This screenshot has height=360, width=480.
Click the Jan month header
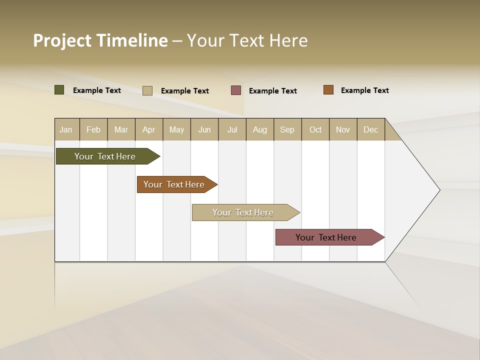tap(66, 129)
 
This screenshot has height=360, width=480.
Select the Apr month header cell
tap(149, 129)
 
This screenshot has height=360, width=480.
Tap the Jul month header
tap(232, 129)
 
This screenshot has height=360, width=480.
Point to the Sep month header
tap(287, 129)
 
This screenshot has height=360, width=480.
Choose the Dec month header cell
tap(370, 129)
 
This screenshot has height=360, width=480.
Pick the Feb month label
tap(93, 129)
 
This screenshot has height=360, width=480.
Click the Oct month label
tap(315, 129)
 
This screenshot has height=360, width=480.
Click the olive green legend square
tap(59, 90)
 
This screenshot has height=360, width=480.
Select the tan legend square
tap(147, 90)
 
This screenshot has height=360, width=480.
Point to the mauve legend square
tap(236, 90)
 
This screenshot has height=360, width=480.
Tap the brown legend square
tap(328, 90)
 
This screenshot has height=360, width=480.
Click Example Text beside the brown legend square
tap(364, 90)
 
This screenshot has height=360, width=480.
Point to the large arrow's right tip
tap(438, 190)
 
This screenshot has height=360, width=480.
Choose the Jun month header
tap(204, 129)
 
